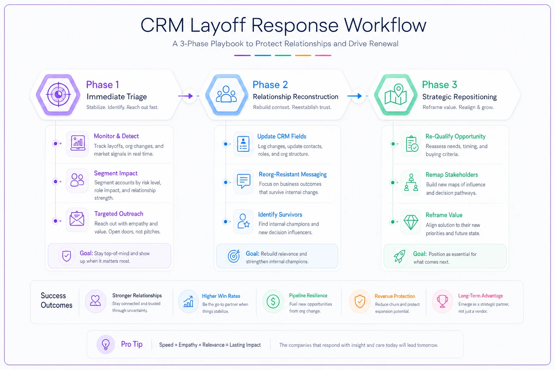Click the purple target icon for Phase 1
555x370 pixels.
[x=58, y=94]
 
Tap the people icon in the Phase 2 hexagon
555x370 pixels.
[x=226, y=94]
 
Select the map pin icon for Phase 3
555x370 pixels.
[x=396, y=94]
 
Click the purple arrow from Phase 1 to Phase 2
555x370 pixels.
[x=185, y=96]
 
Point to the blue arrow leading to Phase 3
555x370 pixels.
[x=354, y=96]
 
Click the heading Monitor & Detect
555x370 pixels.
[x=116, y=136]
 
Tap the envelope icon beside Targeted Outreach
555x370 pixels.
[x=77, y=219]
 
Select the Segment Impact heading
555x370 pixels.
[x=116, y=173]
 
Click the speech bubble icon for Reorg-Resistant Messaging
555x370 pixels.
[x=244, y=181]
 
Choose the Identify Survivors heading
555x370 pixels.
[x=280, y=215]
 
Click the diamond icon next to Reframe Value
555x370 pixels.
[x=411, y=222]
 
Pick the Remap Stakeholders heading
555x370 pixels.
[x=452, y=175]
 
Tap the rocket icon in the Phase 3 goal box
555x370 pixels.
[x=399, y=256]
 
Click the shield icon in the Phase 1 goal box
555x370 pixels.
[x=66, y=256]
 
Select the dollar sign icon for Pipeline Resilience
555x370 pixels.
[x=273, y=301]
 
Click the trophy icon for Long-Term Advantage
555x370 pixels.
[x=442, y=301]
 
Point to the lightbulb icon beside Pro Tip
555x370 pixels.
[x=106, y=344]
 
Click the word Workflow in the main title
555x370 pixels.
[x=385, y=25]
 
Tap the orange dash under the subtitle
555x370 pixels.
[x=303, y=56]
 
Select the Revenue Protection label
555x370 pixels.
[x=395, y=296]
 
